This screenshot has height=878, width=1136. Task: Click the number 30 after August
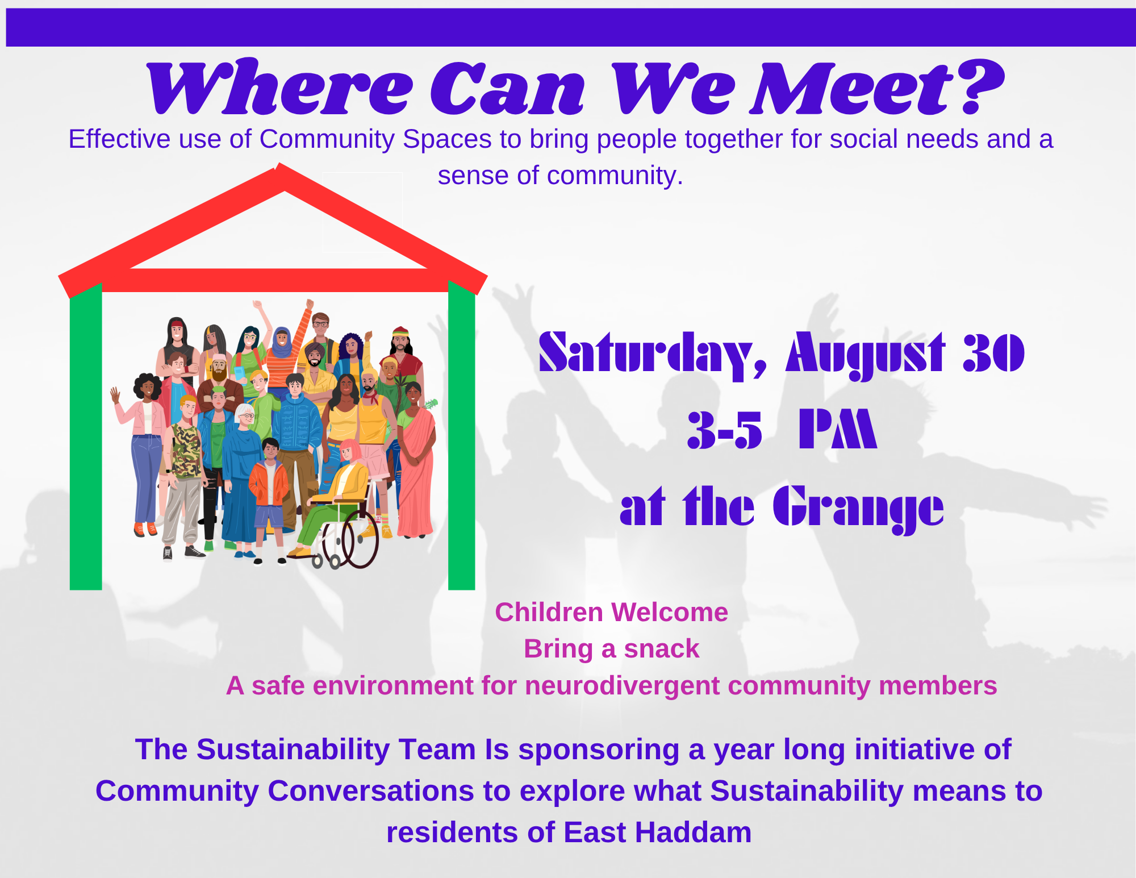coord(994,352)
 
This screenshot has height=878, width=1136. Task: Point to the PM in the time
coord(838,428)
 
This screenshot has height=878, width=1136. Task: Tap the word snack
coord(662,649)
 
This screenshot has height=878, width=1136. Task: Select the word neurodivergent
coord(623,686)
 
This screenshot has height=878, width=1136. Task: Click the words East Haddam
coord(658,833)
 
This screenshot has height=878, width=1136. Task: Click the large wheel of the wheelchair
coord(360,539)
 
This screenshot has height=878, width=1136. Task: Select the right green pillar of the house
coord(461,435)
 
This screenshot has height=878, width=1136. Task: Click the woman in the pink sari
coord(416,460)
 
